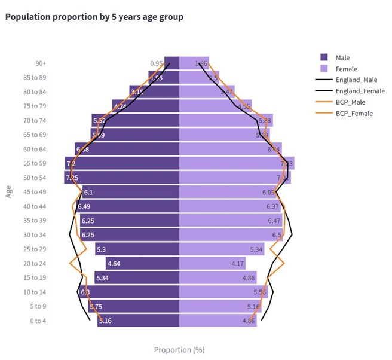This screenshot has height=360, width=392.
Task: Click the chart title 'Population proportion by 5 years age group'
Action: pos(94,17)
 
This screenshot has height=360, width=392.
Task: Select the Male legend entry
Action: pos(342,57)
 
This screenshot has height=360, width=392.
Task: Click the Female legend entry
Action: pos(346,69)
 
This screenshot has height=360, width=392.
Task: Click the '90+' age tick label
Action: pos(41,63)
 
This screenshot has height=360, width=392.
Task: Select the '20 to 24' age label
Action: pos(35,264)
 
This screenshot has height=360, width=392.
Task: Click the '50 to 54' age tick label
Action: pos(35,178)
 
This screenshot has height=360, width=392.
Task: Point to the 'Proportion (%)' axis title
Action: pos(179,350)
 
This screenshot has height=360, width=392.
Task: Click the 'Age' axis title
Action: pos(9,191)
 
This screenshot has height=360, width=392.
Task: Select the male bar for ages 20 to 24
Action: pos(143,264)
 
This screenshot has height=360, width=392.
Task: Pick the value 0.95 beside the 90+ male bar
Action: pos(157,63)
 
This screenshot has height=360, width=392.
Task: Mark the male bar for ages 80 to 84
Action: pos(155,92)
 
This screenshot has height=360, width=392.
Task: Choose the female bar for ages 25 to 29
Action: pos(221,249)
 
